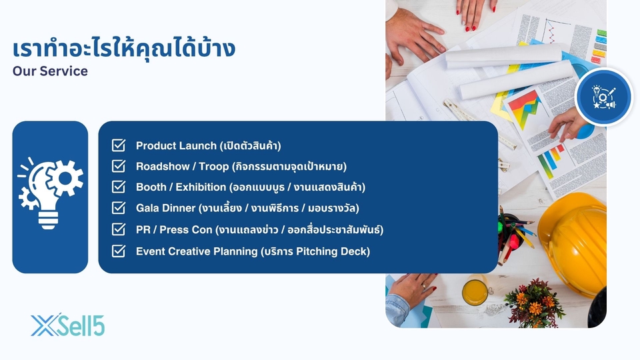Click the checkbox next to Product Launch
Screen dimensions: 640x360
click(119, 145)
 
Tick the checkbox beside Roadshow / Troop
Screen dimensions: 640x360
click(119, 166)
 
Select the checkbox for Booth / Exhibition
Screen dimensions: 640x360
click(119, 187)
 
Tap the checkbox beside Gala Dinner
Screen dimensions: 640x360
click(119, 207)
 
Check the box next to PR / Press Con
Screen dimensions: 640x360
click(119, 229)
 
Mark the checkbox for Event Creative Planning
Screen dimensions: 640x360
click(119, 251)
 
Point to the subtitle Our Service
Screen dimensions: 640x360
click(50, 71)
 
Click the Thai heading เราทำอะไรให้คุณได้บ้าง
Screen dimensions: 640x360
click(124, 48)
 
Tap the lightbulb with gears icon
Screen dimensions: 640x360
click(50, 192)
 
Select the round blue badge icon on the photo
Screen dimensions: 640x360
click(604, 97)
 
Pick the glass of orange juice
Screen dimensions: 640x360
click(475, 291)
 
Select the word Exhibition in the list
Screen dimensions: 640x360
click(201, 187)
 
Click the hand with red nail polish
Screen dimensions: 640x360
click(475, 13)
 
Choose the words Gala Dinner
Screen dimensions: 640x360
click(166, 208)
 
